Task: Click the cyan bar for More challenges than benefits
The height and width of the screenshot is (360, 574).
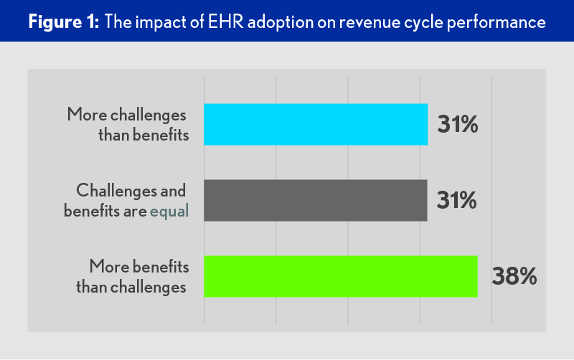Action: click(x=316, y=125)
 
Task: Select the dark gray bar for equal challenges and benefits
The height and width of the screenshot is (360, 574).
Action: click(x=316, y=201)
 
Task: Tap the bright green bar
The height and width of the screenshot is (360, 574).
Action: click(x=341, y=276)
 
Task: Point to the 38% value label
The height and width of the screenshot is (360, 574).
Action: click(x=514, y=277)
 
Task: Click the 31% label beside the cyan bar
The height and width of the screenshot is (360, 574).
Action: click(x=457, y=125)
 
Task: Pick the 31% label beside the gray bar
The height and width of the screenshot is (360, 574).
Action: click(x=457, y=201)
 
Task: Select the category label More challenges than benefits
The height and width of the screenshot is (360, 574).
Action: click(x=128, y=125)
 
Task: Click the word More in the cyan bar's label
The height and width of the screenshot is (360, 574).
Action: click(x=84, y=115)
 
